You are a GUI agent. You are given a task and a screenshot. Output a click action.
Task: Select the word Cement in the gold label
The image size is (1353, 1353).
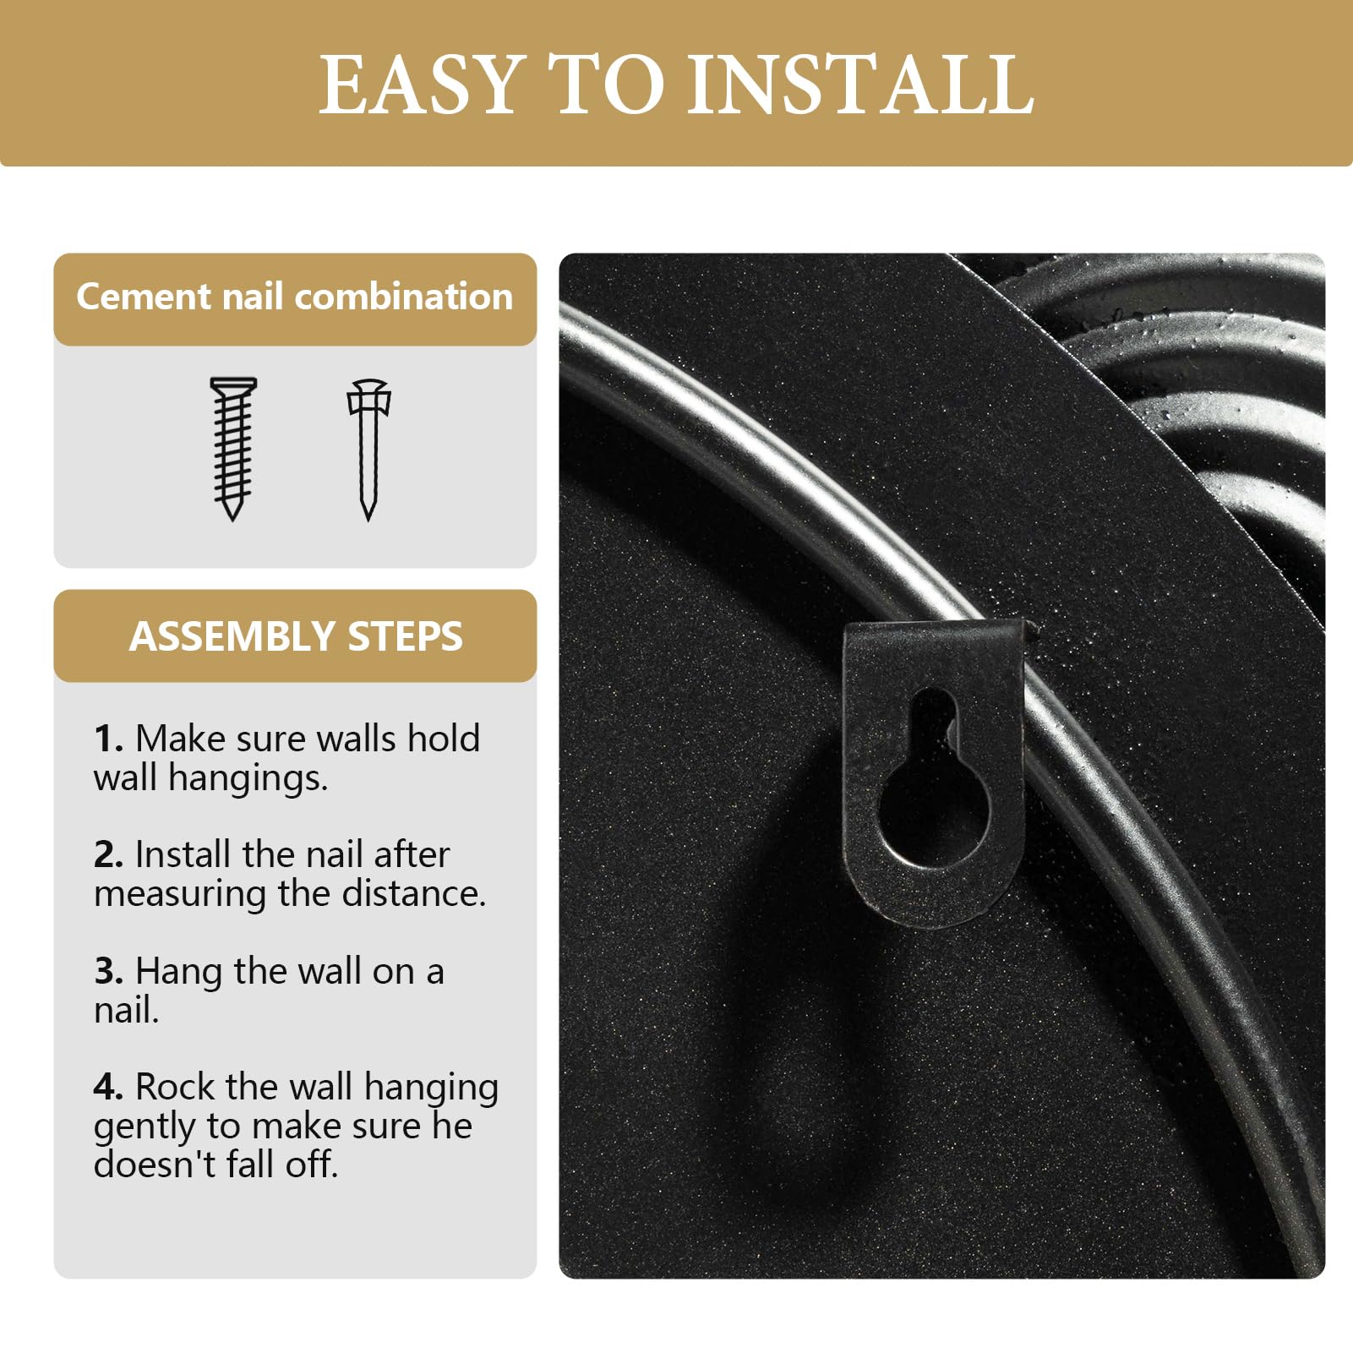(143, 297)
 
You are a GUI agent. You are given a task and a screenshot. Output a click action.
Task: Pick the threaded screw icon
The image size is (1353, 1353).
(233, 449)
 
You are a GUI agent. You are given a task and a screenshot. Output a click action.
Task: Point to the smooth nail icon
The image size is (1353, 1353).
(368, 450)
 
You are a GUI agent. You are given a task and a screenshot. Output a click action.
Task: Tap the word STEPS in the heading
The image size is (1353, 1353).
(405, 636)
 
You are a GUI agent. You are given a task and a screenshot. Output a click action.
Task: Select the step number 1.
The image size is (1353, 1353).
(108, 739)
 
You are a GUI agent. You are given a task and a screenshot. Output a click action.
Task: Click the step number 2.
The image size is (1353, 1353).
(108, 854)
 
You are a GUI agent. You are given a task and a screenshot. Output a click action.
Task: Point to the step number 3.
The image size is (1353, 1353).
(108, 971)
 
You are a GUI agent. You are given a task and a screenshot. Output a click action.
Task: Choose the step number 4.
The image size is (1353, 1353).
(108, 1087)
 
